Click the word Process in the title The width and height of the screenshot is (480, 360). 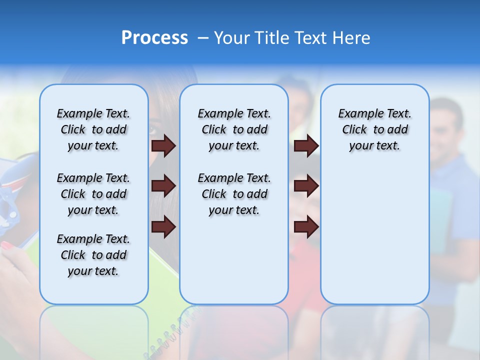pyautogui.click(x=154, y=37)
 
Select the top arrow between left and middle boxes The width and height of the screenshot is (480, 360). pyautogui.click(x=163, y=145)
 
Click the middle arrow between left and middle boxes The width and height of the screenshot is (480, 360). pyautogui.click(x=163, y=186)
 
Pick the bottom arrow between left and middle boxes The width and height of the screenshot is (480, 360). pyautogui.click(x=163, y=226)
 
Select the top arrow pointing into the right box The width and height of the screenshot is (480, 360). pyautogui.click(x=306, y=145)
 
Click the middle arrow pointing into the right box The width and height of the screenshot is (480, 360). pyautogui.click(x=306, y=186)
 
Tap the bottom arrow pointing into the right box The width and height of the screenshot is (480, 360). pyautogui.click(x=306, y=226)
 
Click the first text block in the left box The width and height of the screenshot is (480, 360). pyautogui.click(x=93, y=129)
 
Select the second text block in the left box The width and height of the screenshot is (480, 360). pyautogui.click(x=93, y=194)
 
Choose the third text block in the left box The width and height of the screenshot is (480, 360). pyautogui.click(x=93, y=255)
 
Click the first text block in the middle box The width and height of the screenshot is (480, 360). pyautogui.click(x=234, y=129)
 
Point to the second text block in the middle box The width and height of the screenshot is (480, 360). pyautogui.click(x=234, y=194)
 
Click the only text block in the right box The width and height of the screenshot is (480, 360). pyautogui.click(x=374, y=129)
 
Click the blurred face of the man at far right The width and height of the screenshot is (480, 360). pyautogui.click(x=447, y=125)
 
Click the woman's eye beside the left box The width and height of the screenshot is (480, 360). pyautogui.click(x=152, y=131)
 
